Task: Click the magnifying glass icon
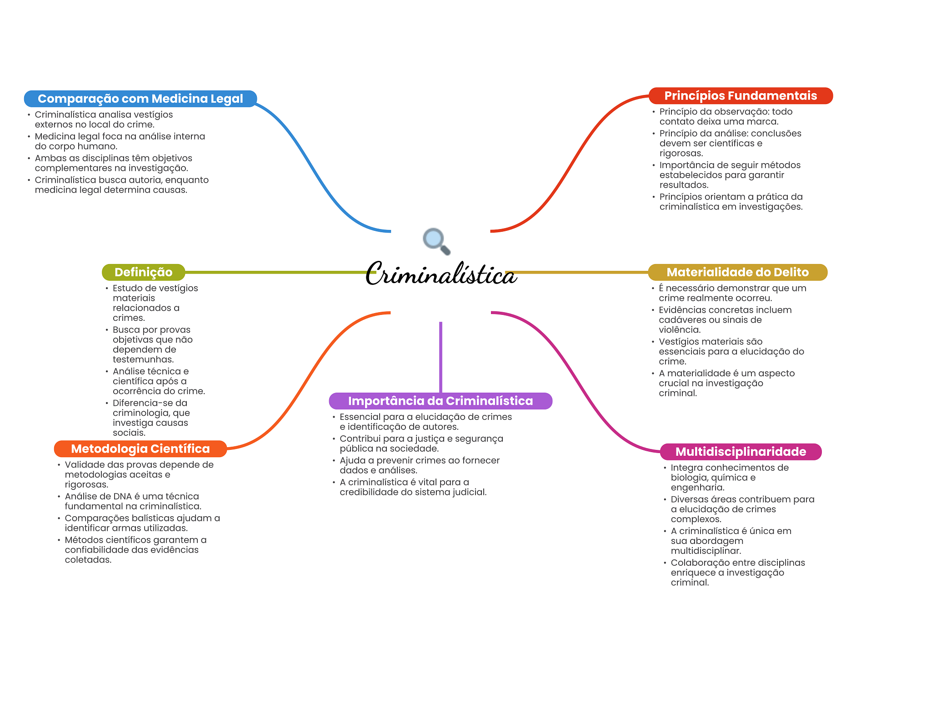coord(436,241)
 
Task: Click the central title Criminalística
coord(440,274)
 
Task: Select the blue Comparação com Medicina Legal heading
coord(140,99)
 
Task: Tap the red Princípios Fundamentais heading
coord(740,96)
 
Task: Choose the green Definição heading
coord(143,272)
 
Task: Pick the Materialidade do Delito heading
coord(737,272)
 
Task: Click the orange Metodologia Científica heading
coord(140,449)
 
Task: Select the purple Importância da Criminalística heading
coord(440,401)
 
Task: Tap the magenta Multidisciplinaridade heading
coord(741,452)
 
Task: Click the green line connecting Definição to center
coord(273,272)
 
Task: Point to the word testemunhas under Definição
coord(143,359)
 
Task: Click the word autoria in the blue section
coord(144,180)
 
